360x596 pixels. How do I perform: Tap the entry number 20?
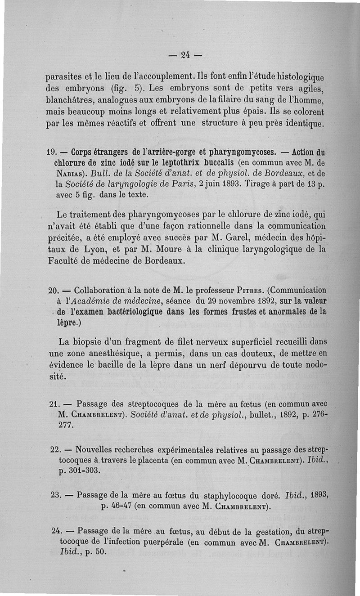coord(53,290)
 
